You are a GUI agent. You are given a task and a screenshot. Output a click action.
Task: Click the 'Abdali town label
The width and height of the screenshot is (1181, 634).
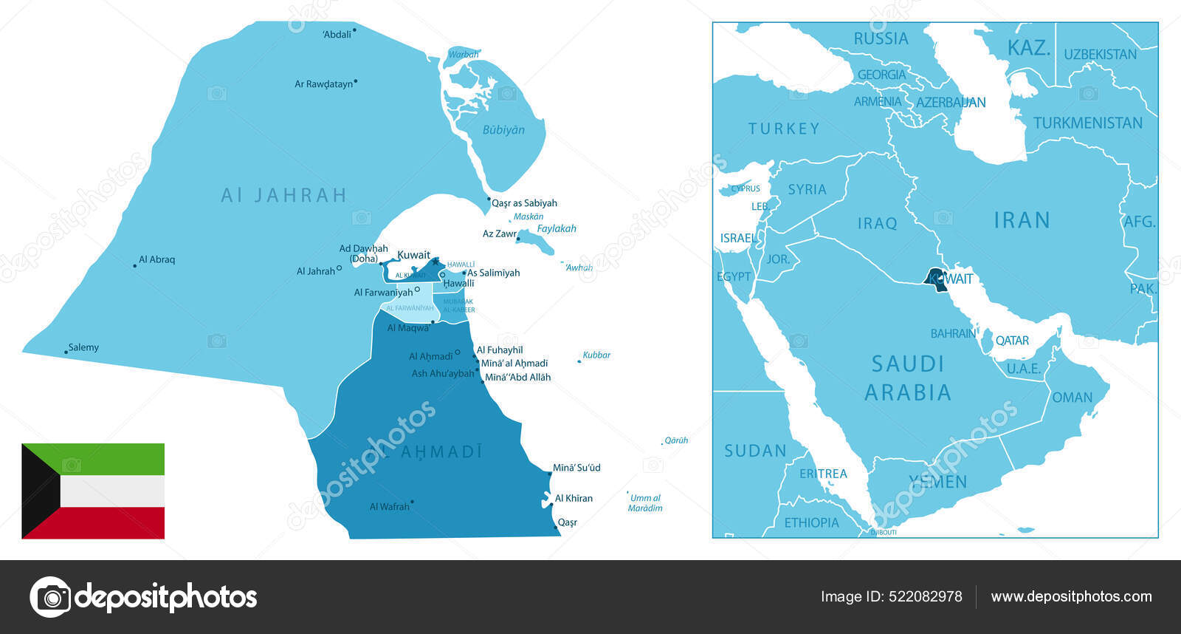tap(337, 34)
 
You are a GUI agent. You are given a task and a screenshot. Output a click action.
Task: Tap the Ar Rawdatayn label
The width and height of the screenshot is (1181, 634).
tap(323, 84)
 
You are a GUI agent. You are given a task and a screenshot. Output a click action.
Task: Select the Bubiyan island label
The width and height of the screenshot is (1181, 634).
tap(503, 130)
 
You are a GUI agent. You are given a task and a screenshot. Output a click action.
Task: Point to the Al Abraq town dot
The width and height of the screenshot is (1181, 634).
tap(135, 265)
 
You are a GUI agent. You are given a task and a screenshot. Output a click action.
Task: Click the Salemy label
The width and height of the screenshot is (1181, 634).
tap(83, 347)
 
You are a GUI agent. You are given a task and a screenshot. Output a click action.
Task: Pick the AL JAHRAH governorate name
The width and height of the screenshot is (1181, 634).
tap(283, 195)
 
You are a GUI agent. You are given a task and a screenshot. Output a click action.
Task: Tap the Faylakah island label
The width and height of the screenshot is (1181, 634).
tap(557, 228)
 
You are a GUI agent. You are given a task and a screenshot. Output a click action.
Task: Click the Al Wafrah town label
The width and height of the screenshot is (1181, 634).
tap(389, 507)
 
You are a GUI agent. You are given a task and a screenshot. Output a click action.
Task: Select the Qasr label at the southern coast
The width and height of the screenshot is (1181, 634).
tap(567, 522)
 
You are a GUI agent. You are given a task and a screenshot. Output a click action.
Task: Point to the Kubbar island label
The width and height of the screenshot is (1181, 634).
tap(596, 355)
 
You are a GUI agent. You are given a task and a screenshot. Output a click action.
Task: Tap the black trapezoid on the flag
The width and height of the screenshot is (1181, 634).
tap(37, 491)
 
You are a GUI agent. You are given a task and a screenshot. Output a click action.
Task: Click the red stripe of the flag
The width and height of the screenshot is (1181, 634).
tap(111, 522)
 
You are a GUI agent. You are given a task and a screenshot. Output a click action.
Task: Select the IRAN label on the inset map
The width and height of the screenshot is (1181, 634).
tap(1022, 220)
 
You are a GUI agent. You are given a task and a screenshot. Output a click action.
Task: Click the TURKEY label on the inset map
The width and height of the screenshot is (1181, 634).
tap(784, 129)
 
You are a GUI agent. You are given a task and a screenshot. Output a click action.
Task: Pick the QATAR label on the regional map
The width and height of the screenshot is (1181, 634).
tap(1012, 341)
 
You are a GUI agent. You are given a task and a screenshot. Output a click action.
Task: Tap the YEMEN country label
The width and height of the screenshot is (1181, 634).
tap(937, 483)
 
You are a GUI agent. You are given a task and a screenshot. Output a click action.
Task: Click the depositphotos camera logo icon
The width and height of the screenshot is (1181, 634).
tap(50, 597)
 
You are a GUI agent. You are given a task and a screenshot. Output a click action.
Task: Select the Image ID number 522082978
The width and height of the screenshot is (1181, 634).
tap(927, 597)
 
